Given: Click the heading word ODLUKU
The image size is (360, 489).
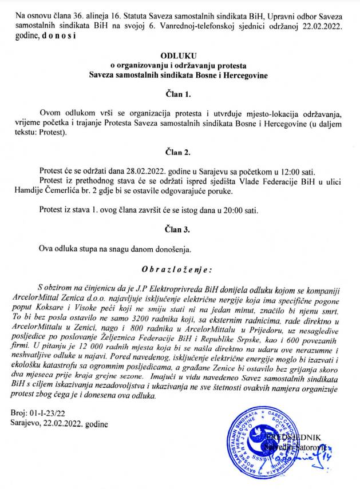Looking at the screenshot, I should click(x=179, y=55).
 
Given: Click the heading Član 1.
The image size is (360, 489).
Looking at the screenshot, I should click(x=179, y=92).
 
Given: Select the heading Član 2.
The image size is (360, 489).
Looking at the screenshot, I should click(x=179, y=153).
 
